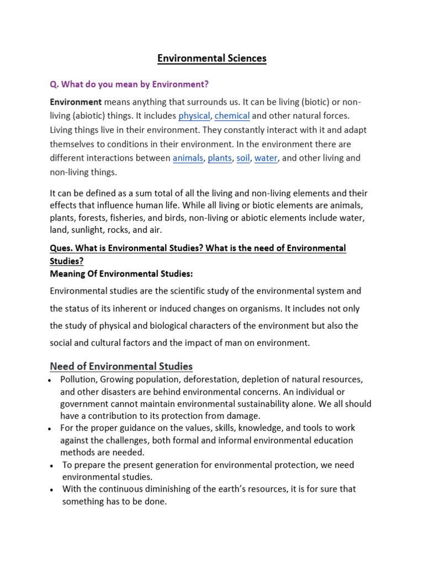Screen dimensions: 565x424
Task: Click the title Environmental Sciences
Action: click(x=212, y=58)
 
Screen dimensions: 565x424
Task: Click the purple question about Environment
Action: click(x=130, y=84)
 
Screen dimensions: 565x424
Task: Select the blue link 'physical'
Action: click(x=194, y=116)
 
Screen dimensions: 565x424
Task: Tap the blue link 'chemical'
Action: click(x=232, y=116)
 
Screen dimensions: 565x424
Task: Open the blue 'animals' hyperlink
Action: click(x=188, y=158)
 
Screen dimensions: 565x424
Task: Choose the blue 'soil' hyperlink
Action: click(x=243, y=158)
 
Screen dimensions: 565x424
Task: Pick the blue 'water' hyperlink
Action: click(x=266, y=158)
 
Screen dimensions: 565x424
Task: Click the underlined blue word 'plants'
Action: click(x=220, y=158)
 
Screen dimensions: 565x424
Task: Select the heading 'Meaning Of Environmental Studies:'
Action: click(x=121, y=274)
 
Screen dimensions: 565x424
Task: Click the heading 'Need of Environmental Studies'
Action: click(x=121, y=366)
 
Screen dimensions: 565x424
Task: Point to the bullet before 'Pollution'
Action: click(x=50, y=381)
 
